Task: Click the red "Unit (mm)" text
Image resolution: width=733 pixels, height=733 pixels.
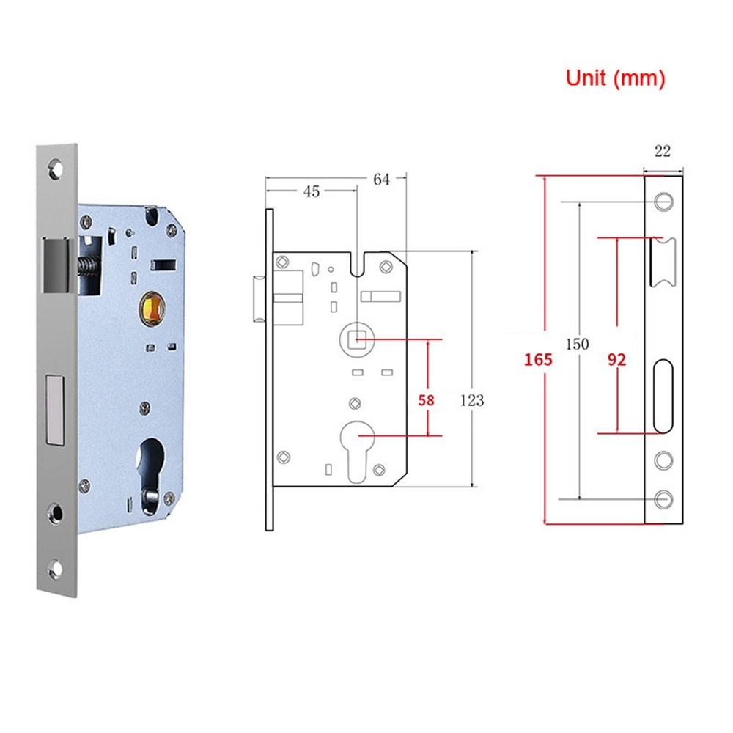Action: click(614, 78)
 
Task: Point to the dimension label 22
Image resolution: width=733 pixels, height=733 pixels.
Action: click(662, 152)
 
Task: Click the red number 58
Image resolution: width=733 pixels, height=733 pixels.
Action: click(426, 400)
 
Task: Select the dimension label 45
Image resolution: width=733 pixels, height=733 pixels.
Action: click(311, 191)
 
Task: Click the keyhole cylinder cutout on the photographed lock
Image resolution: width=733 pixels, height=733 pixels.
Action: click(153, 462)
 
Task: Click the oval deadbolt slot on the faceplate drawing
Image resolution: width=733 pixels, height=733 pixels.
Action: click(663, 396)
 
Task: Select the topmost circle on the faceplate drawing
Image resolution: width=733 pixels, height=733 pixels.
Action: click(663, 200)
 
